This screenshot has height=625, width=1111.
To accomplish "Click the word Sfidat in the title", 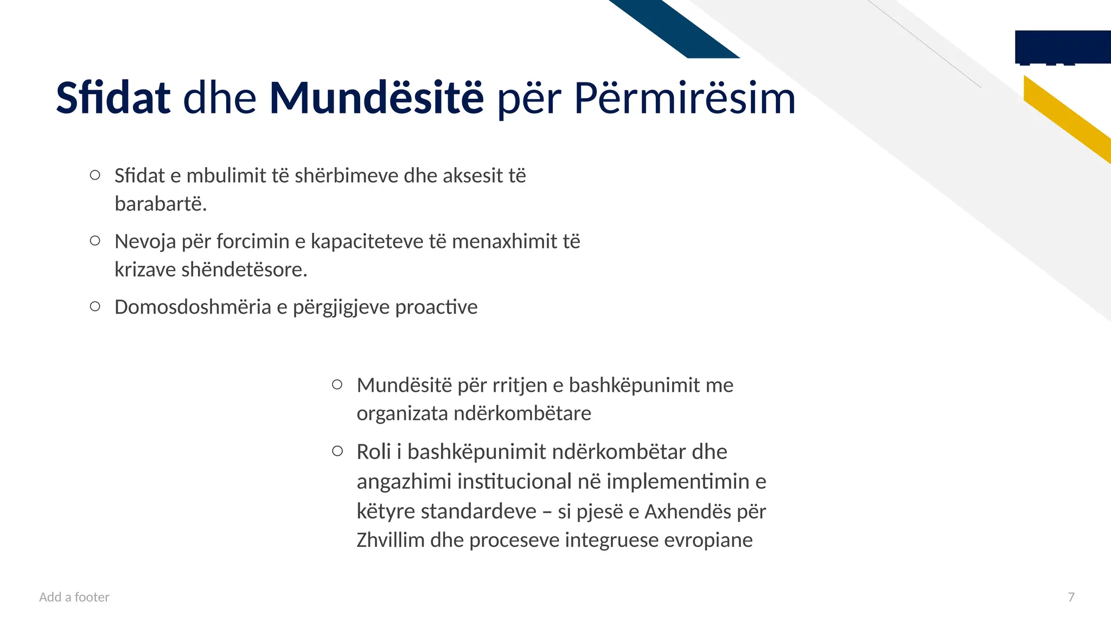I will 113,98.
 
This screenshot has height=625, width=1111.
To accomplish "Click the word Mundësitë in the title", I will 376,98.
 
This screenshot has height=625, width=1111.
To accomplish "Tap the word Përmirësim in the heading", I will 685,98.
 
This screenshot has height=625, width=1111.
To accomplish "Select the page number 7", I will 1071,597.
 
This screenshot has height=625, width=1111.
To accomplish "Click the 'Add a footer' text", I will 74,597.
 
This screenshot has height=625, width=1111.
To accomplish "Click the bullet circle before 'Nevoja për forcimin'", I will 95,240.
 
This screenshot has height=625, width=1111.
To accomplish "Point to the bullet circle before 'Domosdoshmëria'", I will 95,307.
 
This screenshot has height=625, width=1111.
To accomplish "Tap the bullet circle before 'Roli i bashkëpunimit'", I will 337,451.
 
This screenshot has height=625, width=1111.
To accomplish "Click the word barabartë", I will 161,204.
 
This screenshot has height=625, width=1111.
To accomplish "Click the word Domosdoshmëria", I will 193,307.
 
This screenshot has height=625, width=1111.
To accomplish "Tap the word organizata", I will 402,413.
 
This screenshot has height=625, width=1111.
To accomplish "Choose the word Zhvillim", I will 390,540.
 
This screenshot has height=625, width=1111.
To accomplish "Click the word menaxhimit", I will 504,241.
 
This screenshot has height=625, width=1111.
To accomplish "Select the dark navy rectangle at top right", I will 1062,47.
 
